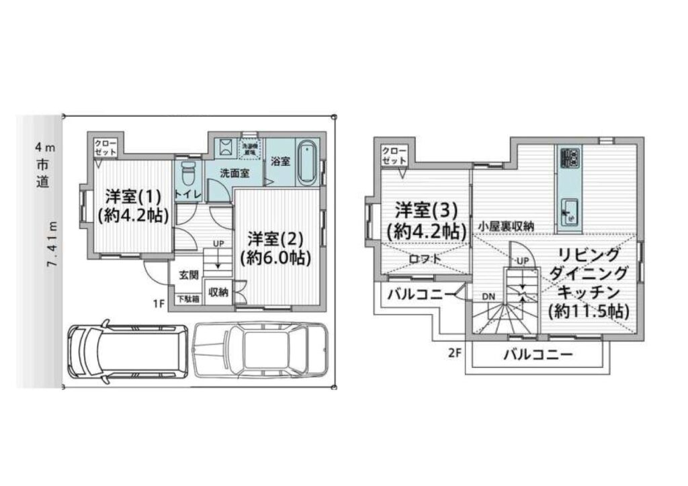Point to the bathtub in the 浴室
pyautogui.click(x=306, y=162)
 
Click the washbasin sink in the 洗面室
pyautogui.click(x=225, y=147)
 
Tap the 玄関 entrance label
pyautogui.click(x=188, y=275)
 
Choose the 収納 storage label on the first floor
pyautogui.click(x=218, y=292)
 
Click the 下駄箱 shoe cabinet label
pyautogui.click(x=187, y=299)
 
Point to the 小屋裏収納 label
pyautogui.click(x=506, y=226)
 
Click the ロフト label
pyautogui.click(x=425, y=258)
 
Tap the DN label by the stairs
pyautogui.click(x=488, y=295)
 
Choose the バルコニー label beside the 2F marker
pyautogui.click(x=537, y=354)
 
